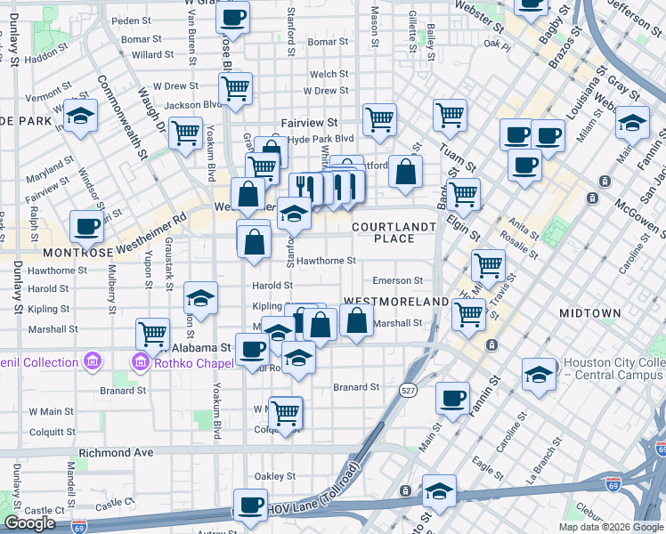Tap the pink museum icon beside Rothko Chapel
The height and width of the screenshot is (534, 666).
pyautogui.click(x=140, y=362)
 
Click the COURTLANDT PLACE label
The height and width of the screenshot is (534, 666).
pyautogui.click(x=394, y=232)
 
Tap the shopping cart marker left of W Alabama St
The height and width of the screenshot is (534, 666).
pyautogui.click(x=153, y=335)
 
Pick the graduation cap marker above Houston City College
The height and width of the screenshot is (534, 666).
pyautogui.click(x=539, y=374)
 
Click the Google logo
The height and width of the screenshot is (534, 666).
pyautogui.click(x=29, y=523)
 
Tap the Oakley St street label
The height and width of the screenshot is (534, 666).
pyautogui.click(x=275, y=475)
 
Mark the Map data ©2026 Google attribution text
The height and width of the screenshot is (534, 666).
pyautogui.click(x=610, y=527)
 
